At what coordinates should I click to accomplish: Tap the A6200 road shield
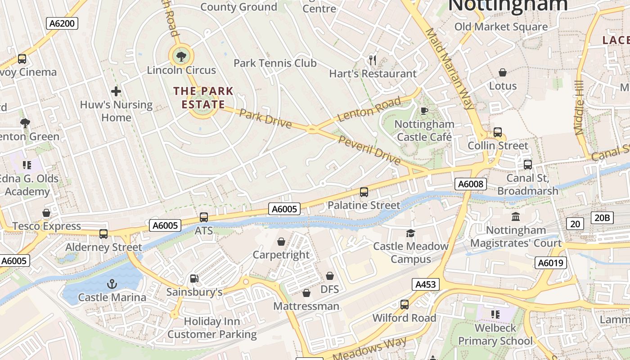click(x=62, y=23)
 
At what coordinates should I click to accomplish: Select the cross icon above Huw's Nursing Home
click(x=116, y=92)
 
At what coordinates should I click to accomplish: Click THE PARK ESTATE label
click(x=203, y=98)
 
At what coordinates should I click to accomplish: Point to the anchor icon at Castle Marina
click(x=112, y=284)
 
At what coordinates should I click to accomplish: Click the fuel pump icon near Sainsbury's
click(x=194, y=279)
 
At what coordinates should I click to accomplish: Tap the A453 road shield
click(x=425, y=284)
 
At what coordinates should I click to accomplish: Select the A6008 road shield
click(x=471, y=184)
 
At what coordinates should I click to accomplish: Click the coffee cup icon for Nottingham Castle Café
click(x=424, y=111)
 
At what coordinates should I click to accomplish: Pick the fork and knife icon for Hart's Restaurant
click(x=373, y=60)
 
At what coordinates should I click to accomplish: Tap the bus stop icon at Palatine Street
click(x=364, y=192)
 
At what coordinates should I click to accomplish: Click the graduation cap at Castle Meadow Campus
click(x=410, y=233)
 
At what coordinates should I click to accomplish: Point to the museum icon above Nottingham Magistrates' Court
click(x=516, y=217)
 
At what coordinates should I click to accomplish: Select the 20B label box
click(x=602, y=218)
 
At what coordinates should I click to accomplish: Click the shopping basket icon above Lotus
click(x=503, y=72)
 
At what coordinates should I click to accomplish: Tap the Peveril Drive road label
click(x=369, y=150)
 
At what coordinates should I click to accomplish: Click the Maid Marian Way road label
click(x=450, y=69)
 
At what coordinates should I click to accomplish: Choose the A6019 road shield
click(x=551, y=263)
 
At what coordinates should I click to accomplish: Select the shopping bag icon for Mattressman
click(x=306, y=293)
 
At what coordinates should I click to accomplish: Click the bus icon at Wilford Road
click(x=405, y=305)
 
